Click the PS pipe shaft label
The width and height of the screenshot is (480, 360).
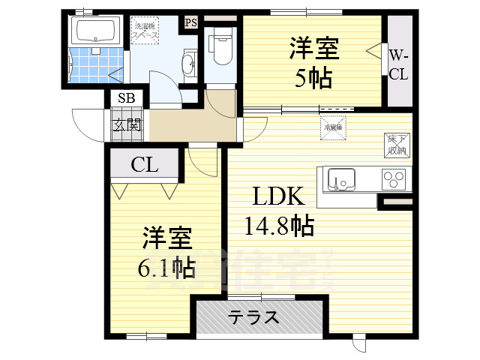point(190,22)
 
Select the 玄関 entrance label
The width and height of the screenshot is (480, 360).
point(127,124)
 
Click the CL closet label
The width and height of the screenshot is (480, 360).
point(145,164)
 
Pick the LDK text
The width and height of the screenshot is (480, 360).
point(277,197)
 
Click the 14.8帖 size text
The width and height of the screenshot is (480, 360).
point(278,224)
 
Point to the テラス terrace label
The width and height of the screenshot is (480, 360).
point(253,317)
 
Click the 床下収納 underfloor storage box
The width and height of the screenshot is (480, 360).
point(396,145)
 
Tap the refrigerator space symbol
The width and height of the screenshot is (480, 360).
point(333,126)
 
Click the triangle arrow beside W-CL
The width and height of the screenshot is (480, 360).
point(374,50)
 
